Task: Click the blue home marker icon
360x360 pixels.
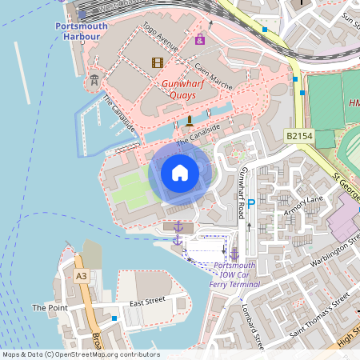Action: [180, 173]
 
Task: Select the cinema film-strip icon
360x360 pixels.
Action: [157, 62]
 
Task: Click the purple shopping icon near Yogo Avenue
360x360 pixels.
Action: [199, 39]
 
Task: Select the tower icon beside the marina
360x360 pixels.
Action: [94, 79]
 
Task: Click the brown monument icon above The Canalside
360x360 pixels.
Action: [190, 121]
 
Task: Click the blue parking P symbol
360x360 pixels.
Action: [250, 204]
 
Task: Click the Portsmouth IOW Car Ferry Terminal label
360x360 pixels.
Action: [230, 274]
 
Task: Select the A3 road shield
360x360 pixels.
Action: [81, 275]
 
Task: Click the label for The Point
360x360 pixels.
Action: [50, 307]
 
